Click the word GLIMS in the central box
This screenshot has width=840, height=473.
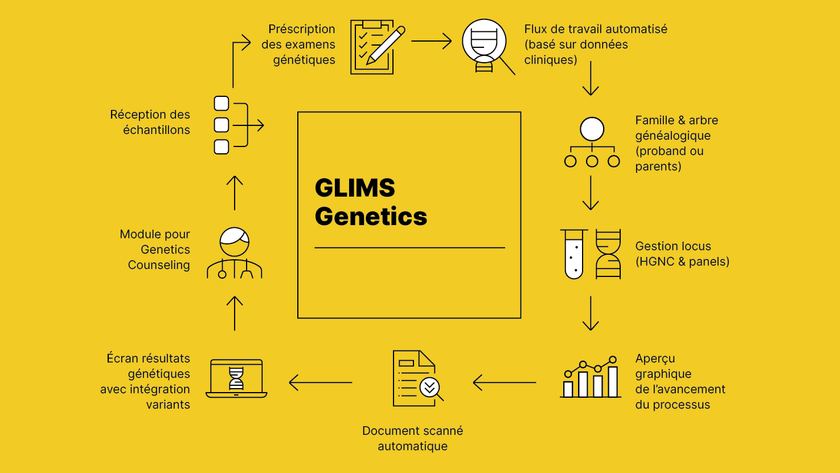click(x=355, y=188)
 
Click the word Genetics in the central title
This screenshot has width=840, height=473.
click(x=371, y=217)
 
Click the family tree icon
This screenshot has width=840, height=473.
click(x=592, y=142)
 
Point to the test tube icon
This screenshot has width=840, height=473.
click(x=574, y=254)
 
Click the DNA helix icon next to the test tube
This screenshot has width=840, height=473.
click(x=608, y=254)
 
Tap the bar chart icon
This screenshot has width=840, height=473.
click(x=591, y=377)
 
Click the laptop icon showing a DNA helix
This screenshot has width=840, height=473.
click(x=236, y=378)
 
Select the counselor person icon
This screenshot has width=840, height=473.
click(x=235, y=253)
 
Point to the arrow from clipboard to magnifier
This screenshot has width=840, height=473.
click(x=431, y=41)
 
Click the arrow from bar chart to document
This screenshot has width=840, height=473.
click(x=504, y=382)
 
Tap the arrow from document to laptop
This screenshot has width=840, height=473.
click(x=321, y=382)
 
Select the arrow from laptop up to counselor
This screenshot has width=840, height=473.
click(x=235, y=313)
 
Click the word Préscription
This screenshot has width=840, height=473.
click(x=301, y=29)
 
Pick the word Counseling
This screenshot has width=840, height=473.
click(x=159, y=265)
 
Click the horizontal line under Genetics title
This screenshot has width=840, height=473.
click(x=409, y=248)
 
